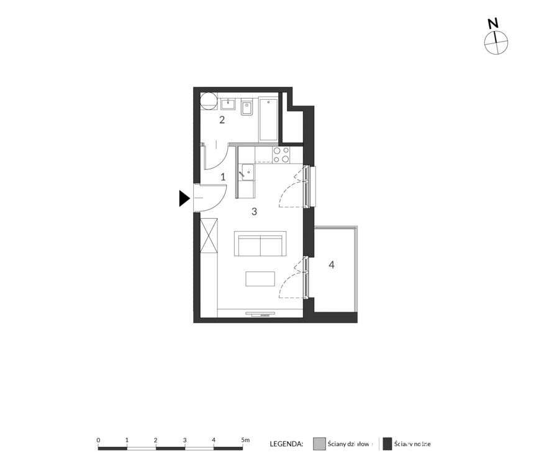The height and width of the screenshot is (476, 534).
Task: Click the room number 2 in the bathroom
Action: click(x=222, y=120)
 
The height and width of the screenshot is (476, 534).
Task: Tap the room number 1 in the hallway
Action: click(x=223, y=177)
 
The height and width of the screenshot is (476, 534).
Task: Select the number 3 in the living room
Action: click(x=254, y=211)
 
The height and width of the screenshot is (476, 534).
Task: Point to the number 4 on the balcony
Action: click(x=332, y=265)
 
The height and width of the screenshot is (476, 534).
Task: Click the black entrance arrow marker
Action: click(x=184, y=198)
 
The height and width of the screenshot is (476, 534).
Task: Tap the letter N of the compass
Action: click(x=493, y=24)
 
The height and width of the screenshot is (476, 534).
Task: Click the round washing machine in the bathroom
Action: click(x=209, y=100)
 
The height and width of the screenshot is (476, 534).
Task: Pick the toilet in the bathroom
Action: click(x=247, y=108)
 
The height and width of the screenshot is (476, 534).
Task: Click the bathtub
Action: click(x=268, y=118)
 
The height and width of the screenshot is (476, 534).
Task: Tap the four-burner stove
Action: click(x=281, y=154)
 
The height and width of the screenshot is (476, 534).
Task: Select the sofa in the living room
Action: click(x=260, y=244)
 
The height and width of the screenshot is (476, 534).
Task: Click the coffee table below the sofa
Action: click(x=260, y=279)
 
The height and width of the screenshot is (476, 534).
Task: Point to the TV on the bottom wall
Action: click(x=260, y=314)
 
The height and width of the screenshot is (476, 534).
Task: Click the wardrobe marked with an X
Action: click(x=209, y=236)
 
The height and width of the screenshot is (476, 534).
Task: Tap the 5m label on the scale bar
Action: click(x=245, y=440)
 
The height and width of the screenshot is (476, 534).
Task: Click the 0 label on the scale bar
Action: click(x=99, y=440)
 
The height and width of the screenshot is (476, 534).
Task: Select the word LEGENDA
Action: click(x=286, y=444)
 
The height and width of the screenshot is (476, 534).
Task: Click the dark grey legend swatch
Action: click(x=387, y=444)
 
